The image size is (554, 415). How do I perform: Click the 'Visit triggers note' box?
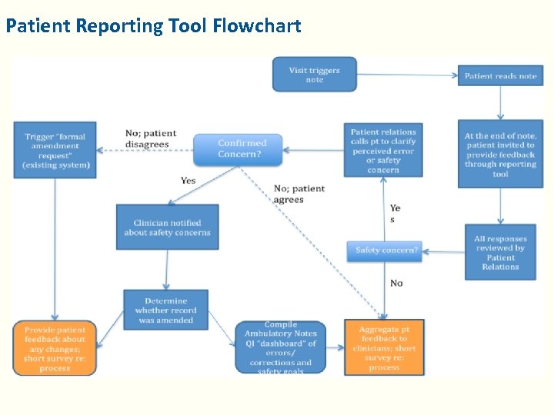pos(315,75)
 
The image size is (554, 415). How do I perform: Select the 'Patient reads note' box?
pos(500,76)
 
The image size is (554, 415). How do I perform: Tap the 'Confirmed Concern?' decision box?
pos(238,149)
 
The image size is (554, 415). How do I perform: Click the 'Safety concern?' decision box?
pos(385,251)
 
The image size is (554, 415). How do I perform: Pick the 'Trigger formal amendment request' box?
pos(55,151)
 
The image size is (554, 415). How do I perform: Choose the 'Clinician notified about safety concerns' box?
pos(167,227)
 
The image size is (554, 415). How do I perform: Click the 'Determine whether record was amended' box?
pos(165,310)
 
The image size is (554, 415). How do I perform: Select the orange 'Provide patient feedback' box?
pos(55,348)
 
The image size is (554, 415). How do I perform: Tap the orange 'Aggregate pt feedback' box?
pos(384,348)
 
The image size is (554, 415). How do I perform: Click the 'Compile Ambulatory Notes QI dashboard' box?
pos(280,348)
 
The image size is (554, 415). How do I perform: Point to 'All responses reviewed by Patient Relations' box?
pos(500,253)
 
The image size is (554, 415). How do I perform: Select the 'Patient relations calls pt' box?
pos(383,150)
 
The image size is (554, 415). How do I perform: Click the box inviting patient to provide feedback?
pos(500,154)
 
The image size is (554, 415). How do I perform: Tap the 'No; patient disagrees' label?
pos(151,139)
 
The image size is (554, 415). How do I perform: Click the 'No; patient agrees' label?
pos(299,194)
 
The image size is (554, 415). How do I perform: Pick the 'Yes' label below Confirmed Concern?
pos(188,181)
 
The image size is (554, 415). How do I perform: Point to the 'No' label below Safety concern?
pos(396,284)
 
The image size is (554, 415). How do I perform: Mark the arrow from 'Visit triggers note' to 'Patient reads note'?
pos(408,75)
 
